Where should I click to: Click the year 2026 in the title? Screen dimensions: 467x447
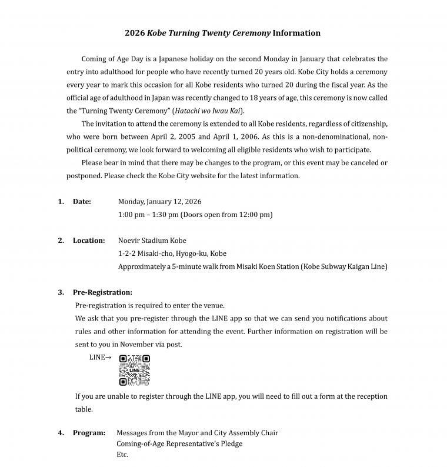(x=135, y=33)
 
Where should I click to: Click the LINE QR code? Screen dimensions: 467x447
(x=135, y=370)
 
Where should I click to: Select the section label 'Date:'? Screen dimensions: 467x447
(x=82, y=202)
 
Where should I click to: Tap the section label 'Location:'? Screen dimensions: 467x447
(x=89, y=241)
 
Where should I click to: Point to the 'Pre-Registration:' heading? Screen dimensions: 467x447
(x=102, y=292)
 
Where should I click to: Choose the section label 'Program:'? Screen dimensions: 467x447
(x=89, y=433)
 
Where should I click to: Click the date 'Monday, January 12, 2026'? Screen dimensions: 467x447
(x=159, y=202)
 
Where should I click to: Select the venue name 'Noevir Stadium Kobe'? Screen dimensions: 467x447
(x=152, y=241)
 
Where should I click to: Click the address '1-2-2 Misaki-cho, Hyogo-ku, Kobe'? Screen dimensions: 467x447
(x=172, y=253)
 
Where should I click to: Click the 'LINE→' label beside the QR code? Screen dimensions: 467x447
(x=100, y=357)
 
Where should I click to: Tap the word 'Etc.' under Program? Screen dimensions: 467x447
(x=122, y=455)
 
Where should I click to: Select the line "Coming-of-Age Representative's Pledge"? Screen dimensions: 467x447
(x=179, y=443)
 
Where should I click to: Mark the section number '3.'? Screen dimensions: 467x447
(x=61, y=292)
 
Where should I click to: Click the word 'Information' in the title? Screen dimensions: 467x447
(x=296, y=33)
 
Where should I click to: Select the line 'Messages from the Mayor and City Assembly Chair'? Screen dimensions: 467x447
(x=198, y=433)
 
